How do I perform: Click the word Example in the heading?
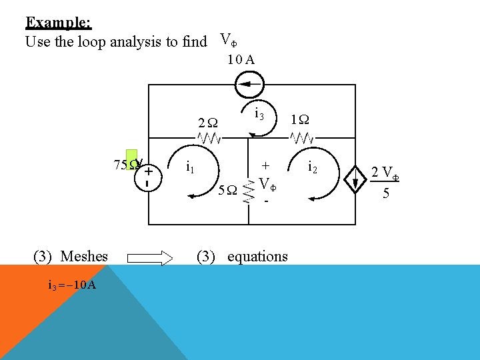(x=57, y=22)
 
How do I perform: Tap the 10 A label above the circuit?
(x=240, y=59)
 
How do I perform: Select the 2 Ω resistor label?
(x=208, y=123)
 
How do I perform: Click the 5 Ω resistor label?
(x=228, y=190)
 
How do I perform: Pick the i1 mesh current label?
(x=190, y=165)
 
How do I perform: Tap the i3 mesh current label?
(x=260, y=115)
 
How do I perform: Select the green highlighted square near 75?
(x=131, y=160)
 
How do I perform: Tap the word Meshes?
(x=84, y=256)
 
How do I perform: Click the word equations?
(x=257, y=257)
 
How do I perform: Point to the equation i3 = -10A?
(x=73, y=285)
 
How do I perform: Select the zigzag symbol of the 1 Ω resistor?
(x=301, y=139)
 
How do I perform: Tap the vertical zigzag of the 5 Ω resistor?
(x=249, y=190)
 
